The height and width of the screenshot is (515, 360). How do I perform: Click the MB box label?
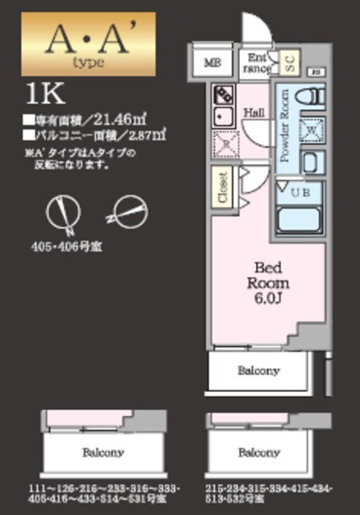[x=211, y=61]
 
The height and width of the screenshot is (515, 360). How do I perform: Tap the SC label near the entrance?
[x=290, y=61]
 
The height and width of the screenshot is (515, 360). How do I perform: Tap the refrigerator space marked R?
[x=224, y=145]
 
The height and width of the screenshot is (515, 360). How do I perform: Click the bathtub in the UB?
[x=300, y=220]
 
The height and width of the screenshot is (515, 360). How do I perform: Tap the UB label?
[x=300, y=192]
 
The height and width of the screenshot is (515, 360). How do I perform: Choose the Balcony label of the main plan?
[x=258, y=371]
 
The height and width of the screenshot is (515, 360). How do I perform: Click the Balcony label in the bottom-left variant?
[x=102, y=451]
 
